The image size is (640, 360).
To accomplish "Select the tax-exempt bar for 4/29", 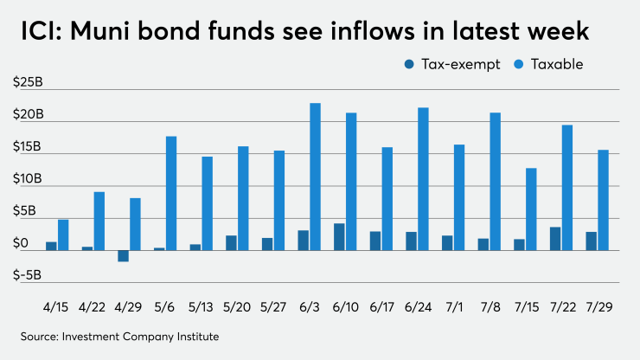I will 124,256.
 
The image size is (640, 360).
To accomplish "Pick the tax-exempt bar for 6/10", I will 340,237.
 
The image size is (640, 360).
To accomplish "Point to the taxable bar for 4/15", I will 63,235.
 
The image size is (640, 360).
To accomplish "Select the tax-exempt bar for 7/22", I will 555,239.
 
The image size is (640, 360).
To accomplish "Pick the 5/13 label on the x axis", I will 201,307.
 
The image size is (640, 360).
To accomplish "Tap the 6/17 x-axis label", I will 381,307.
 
